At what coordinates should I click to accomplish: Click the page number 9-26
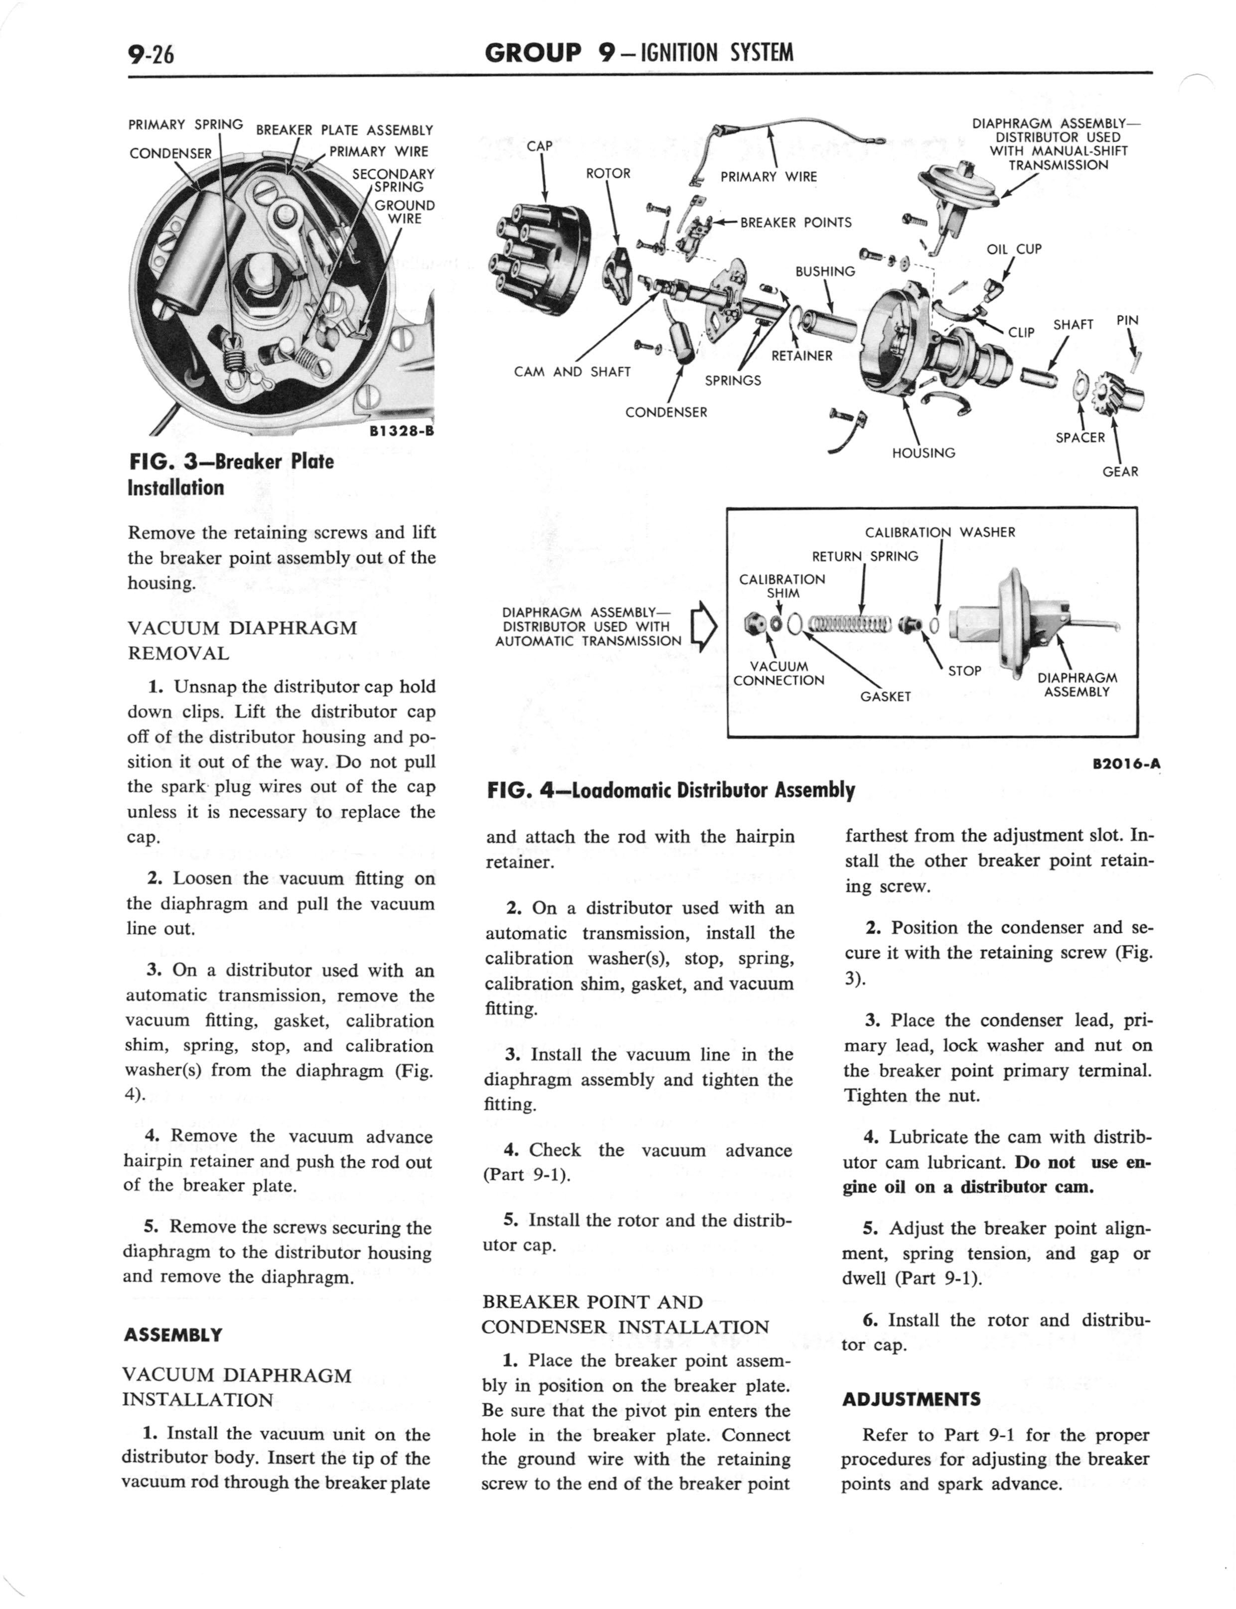pyautogui.click(x=150, y=54)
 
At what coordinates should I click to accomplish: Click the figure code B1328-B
pyautogui.click(x=401, y=431)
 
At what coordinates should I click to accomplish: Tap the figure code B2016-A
pyautogui.click(x=1126, y=764)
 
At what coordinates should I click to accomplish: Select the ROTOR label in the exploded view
pyautogui.click(x=608, y=173)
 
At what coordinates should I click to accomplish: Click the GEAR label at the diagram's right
pyautogui.click(x=1120, y=471)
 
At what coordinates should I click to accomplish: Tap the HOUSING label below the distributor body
pyautogui.click(x=924, y=453)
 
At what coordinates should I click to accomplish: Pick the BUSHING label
pyautogui.click(x=825, y=272)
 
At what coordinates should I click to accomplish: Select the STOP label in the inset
pyautogui.click(x=964, y=671)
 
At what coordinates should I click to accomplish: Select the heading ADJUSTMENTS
pyautogui.click(x=911, y=1399)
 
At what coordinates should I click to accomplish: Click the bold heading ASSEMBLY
pyautogui.click(x=173, y=1335)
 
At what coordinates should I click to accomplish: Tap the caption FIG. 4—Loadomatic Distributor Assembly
pyautogui.click(x=670, y=790)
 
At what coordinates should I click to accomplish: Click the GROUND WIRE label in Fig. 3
pyautogui.click(x=405, y=212)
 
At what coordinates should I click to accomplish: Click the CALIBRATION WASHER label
pyautogui.click(x=939, y=532)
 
